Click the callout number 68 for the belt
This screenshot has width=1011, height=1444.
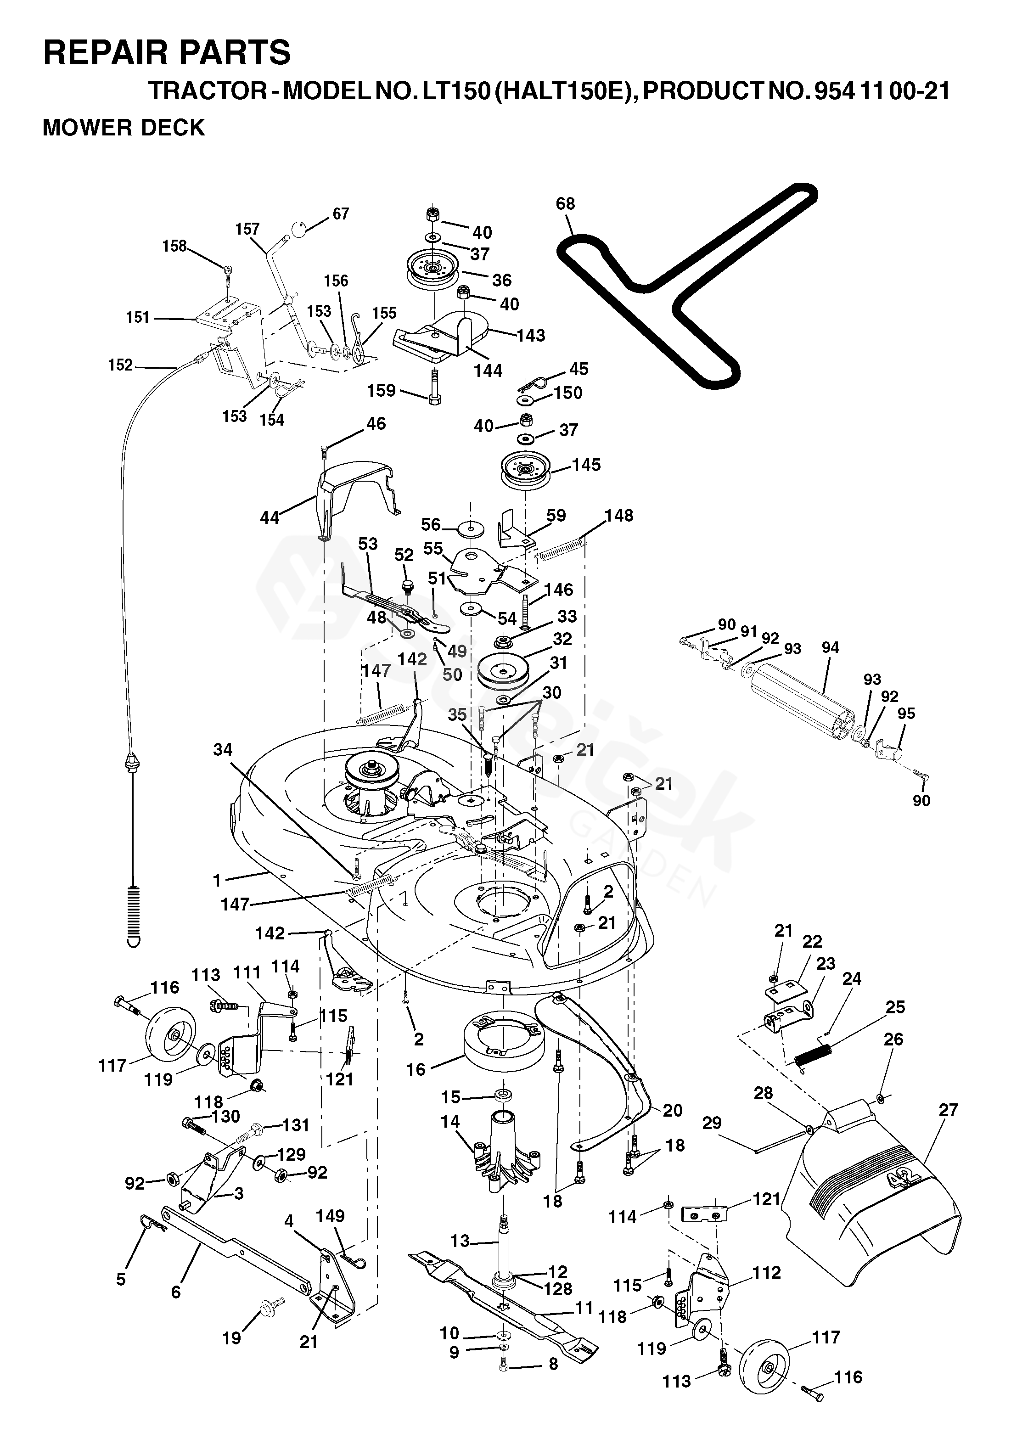click(x=565, y=204)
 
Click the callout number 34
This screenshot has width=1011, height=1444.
click(x=223, y=749)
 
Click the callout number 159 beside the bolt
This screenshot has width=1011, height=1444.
click(x=382, y=391)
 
